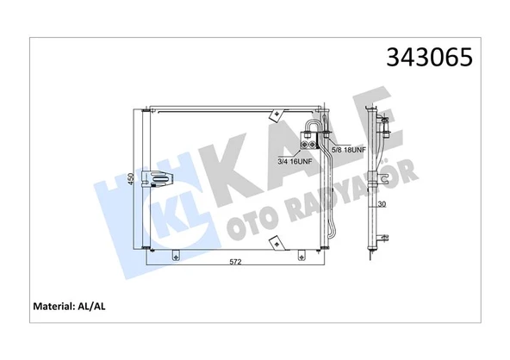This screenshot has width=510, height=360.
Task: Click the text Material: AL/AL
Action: (68, 306)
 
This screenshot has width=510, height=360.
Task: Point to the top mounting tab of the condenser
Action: (277, 114)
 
